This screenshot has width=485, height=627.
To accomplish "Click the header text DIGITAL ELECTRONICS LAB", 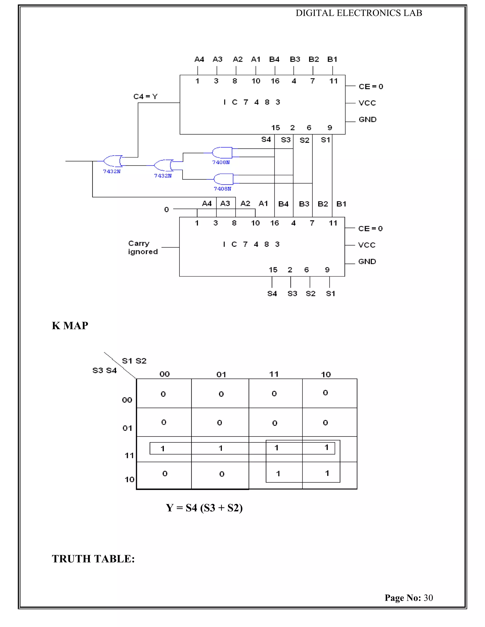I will [359, 13].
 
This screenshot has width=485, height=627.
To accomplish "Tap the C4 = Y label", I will [145, 97].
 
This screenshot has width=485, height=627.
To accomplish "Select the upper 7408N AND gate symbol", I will [222, 153].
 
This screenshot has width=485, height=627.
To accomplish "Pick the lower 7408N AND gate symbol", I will [224, 179].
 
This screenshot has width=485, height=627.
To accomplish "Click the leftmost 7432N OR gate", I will [112, 161].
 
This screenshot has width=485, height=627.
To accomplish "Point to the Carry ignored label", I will [143, 247].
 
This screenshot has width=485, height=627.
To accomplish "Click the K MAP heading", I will [70, 326].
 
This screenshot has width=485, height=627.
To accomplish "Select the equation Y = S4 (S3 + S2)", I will [204, 508].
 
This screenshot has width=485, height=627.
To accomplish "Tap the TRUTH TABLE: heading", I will [93, 559].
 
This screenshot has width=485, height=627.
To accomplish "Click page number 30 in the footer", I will [428, 598].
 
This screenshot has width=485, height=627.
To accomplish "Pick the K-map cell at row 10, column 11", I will [278, 474].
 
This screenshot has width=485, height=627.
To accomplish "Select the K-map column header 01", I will [221, 374].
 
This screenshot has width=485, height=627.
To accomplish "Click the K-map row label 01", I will [127, 428].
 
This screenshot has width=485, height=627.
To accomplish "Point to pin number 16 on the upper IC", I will [275, 81].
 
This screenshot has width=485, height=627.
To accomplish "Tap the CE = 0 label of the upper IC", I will [371, 86].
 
